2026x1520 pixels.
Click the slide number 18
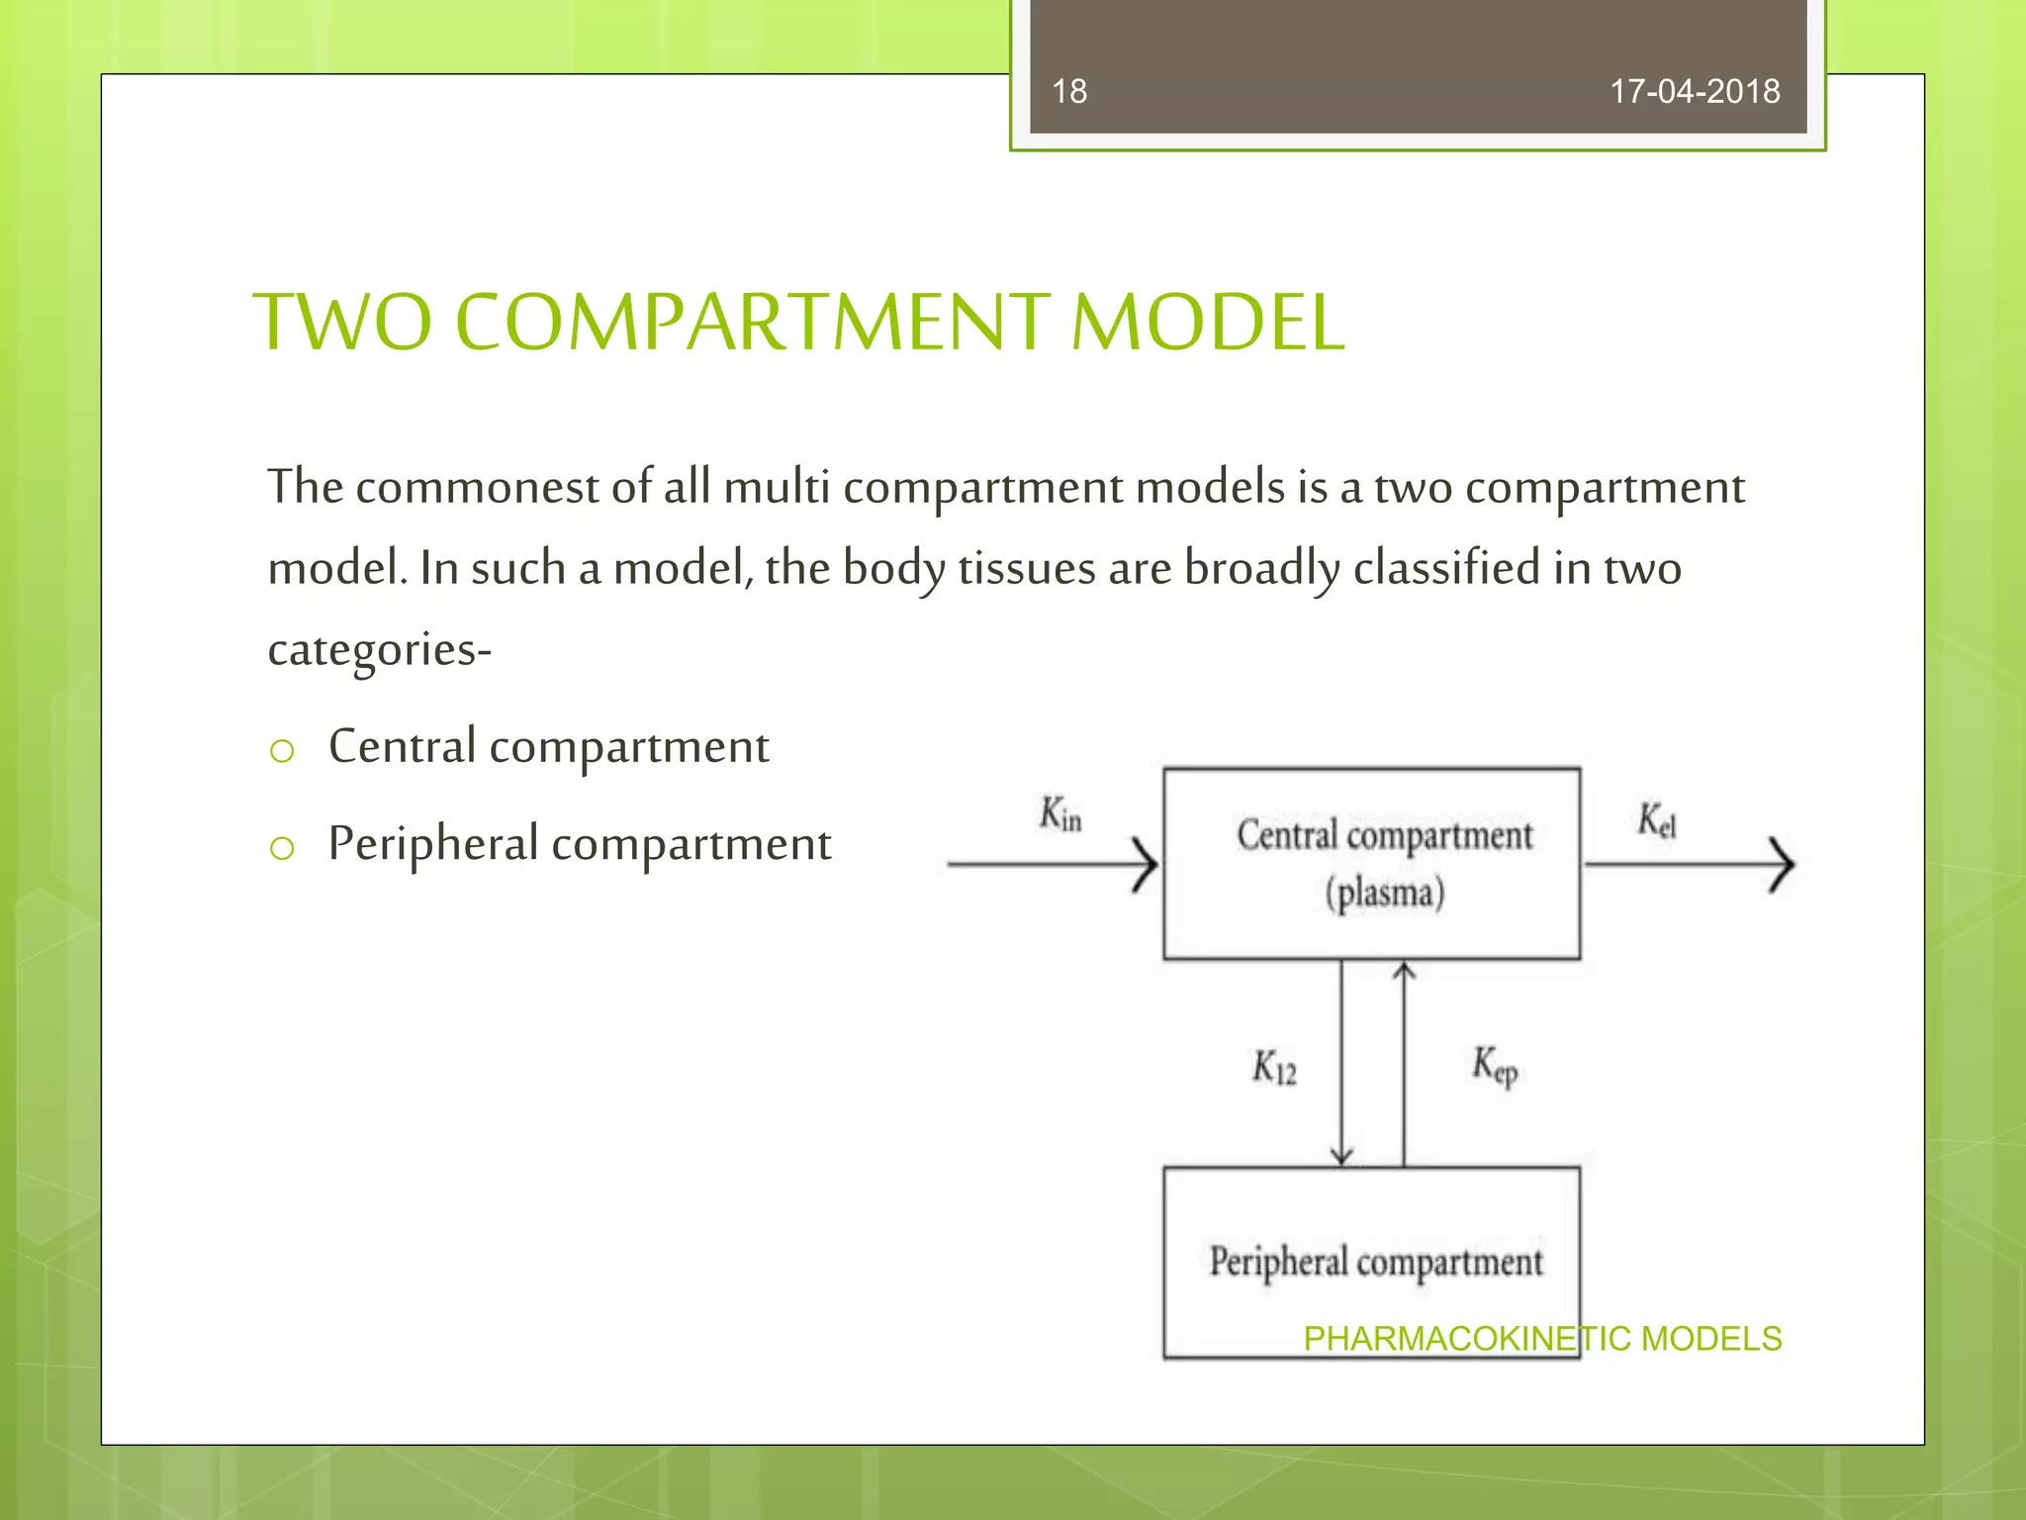click(x=1069, y=92)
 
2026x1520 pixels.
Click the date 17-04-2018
click(x=1695, y=92)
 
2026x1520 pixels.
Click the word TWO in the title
click(x=343, y=323)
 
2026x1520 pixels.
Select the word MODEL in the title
click(x=1208, y=323)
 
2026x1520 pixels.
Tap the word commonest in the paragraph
click(x=477, y=488)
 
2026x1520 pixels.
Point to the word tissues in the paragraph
click(x=1026, y=569)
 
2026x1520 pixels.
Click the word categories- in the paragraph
click(x=380, y=650)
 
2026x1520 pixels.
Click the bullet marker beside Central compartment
click(x=282, y=752)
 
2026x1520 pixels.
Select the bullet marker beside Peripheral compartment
click(x=282, y=848)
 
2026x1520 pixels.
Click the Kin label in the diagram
click(x=1060, y=814)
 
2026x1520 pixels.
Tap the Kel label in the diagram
click(x=1656, y=820)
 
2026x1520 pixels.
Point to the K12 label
click(x=1274, y=1068)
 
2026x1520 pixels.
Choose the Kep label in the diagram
click(x=1494, y=1066)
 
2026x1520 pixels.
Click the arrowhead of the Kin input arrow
click(x=1148, y=865)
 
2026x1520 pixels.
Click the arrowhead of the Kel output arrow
click(x=1784, y=865)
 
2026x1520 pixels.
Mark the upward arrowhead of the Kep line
click(x=1404, y=972)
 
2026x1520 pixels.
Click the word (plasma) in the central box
click(x=1385, y=894)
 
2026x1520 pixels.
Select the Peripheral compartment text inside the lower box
click(x=1375, y=1263)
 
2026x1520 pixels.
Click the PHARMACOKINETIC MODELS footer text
click(x=1542, y=1339)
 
